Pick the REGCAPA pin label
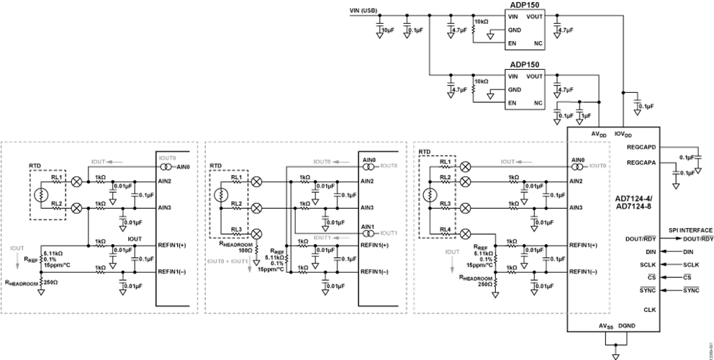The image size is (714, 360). pyautogui.click(x=641, y=163)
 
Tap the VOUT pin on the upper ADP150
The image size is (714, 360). pyautogui.click(x=535, y=16)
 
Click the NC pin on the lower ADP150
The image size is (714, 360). pyautogui.click(x=537, y=103)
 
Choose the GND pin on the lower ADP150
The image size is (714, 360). pyautogui.click(x=514, y=89)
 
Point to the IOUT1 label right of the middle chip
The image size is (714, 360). pyautogui.click(x=389, y=233)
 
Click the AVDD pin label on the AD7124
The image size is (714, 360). pyautogui.click(x=597, y=134)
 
